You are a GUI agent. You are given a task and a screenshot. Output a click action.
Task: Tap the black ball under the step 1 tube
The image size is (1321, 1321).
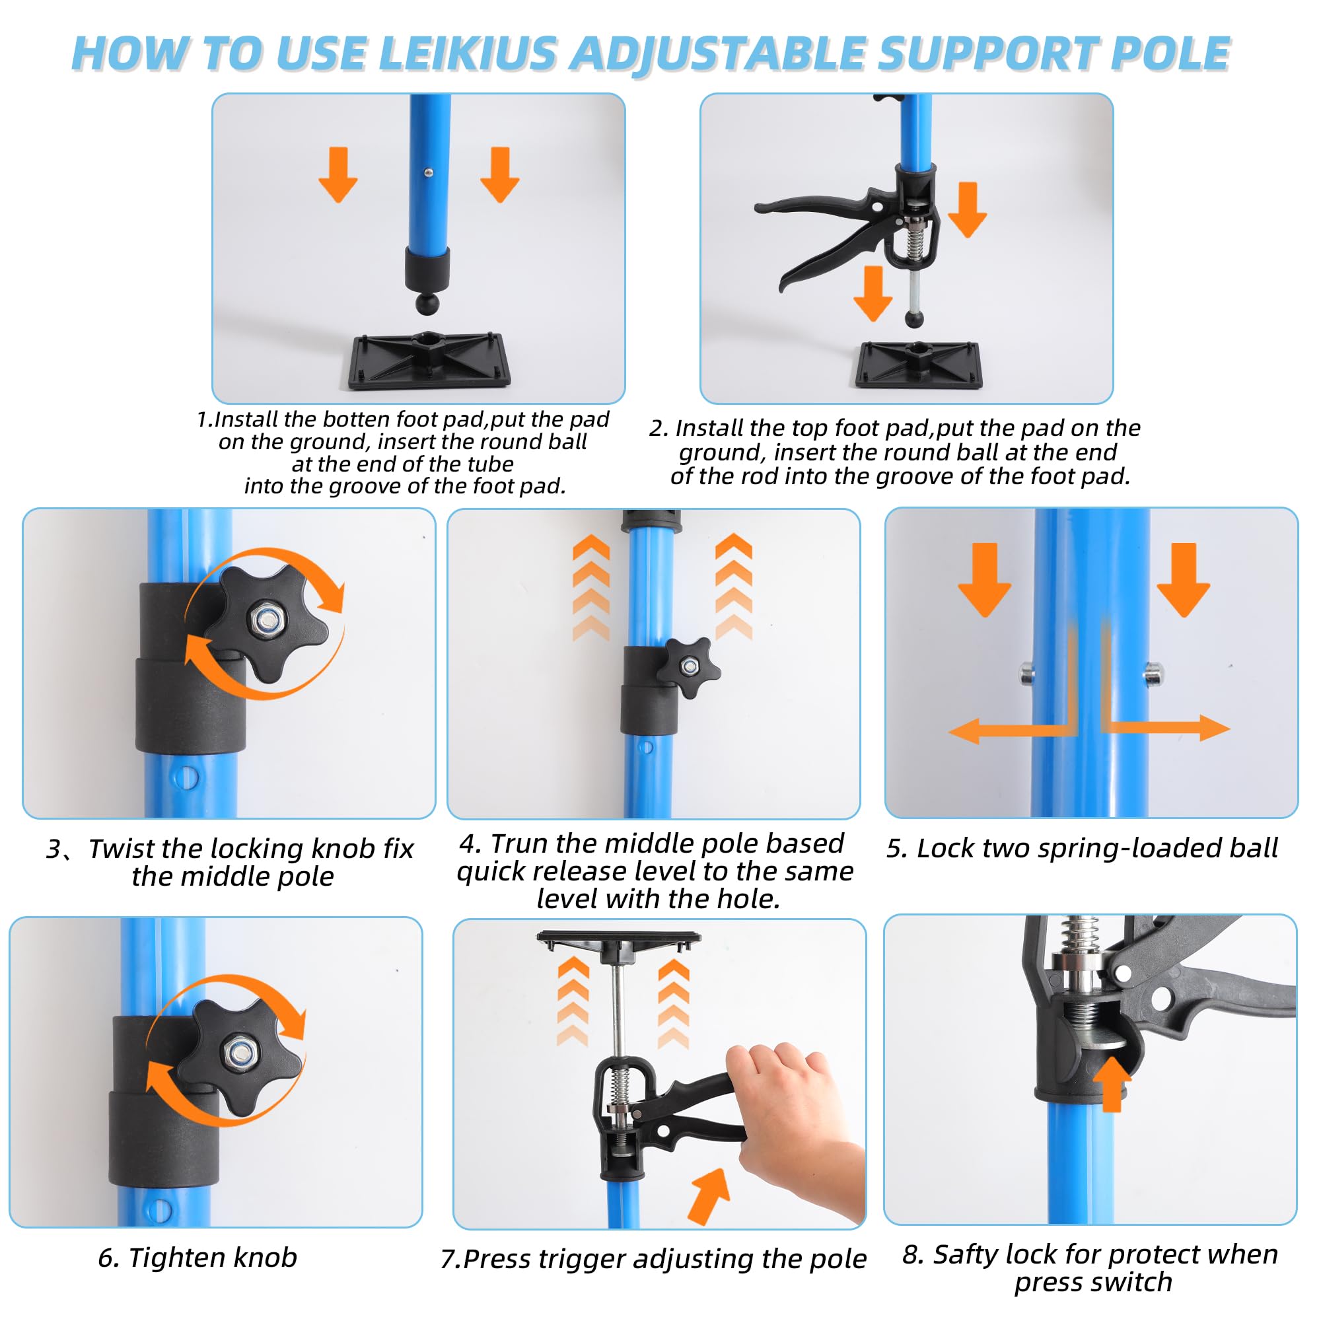point(428,303)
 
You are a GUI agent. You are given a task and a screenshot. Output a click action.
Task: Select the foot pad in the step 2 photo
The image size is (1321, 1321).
point(917,365)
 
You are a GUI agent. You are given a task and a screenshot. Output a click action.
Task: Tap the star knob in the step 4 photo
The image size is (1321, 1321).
point(689,666)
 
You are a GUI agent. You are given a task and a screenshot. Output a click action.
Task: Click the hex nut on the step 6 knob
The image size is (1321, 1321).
point(238,1052)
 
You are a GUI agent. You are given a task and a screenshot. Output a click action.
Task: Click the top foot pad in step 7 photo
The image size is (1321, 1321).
point(620,943)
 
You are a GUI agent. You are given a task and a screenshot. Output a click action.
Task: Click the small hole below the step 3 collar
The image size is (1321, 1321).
point(186,777)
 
